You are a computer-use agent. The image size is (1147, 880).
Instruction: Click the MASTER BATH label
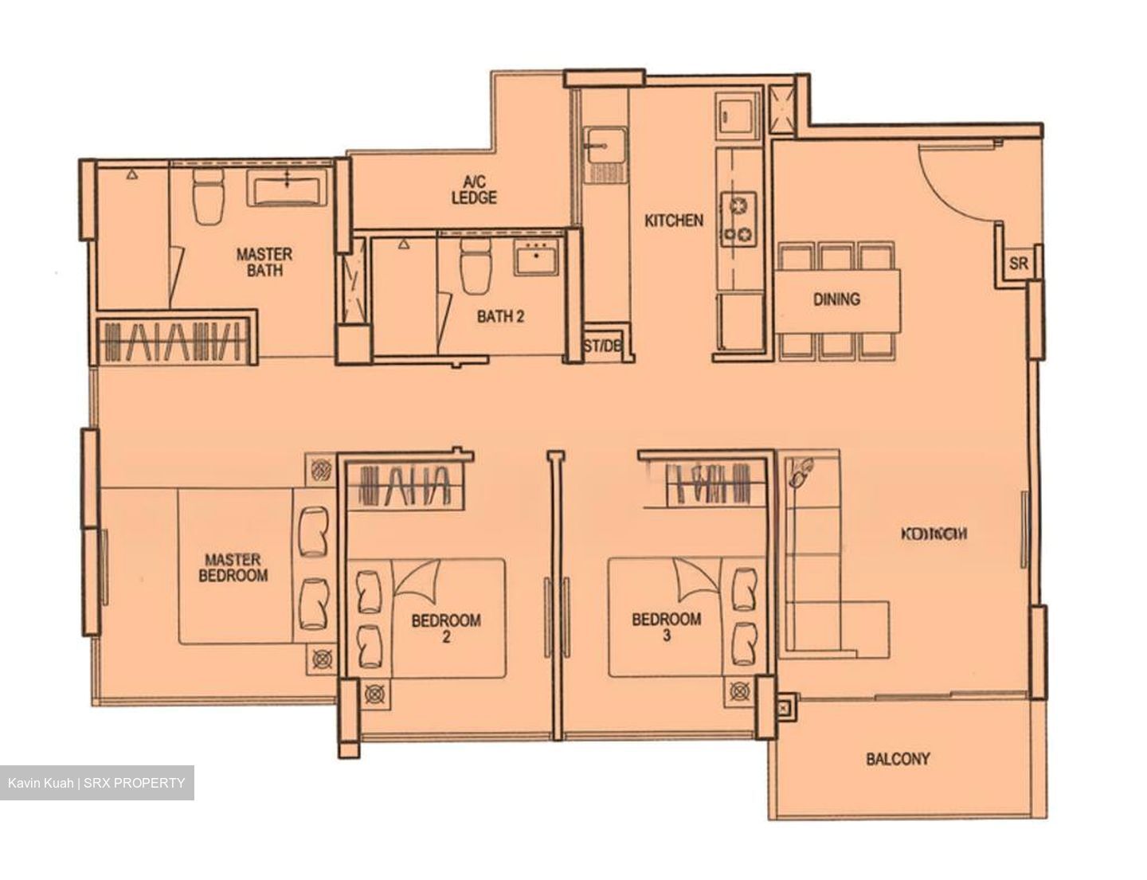[264, 262]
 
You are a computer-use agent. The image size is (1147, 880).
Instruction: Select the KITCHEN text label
[674, 221]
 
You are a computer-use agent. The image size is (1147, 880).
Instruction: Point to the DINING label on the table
[836, 299]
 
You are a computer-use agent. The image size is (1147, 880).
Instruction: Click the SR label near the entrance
[1017, 264]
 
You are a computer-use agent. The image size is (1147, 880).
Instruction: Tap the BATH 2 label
[500, 317]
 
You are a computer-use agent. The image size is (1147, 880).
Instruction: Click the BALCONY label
[898, 759]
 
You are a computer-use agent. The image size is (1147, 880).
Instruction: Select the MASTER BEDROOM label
[233, 568]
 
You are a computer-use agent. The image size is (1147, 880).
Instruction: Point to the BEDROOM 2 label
[446, 628]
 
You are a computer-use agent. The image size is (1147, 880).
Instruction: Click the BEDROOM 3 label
[667, 627]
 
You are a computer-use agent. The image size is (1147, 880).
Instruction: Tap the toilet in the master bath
[209, 197]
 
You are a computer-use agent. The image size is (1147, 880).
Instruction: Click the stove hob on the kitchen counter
[738, 220]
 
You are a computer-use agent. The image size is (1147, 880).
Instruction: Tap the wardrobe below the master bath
[175, 341]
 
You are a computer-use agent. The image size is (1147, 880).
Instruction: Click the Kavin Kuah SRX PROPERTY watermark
[96, 783]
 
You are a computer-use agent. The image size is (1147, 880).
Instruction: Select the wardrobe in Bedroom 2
[406, 483]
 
